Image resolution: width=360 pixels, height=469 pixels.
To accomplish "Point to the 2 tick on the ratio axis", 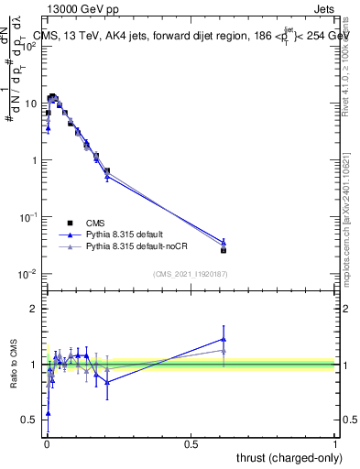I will [x=35, y=309].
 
